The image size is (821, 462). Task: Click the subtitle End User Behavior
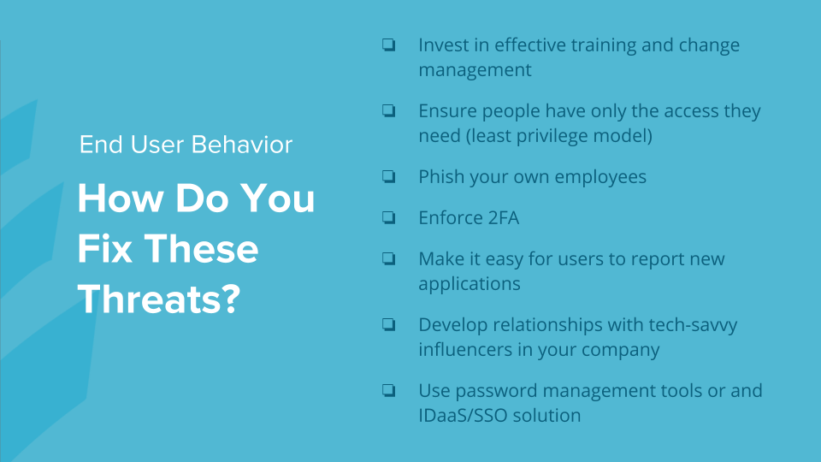[186, 145]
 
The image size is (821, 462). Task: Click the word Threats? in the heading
[159, 299]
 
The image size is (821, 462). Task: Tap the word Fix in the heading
[104, 248]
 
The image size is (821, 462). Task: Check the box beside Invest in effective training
[388, 44]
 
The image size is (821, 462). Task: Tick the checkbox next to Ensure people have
[388, 110]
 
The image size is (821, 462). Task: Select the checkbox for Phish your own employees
[388, 176]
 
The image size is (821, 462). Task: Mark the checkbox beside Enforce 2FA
[388, 217]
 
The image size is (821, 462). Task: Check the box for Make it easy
[388, 258]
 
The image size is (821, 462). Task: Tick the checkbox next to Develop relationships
[388, 324]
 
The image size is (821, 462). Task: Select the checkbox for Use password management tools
[388, 390]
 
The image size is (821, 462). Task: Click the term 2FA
[503, 218]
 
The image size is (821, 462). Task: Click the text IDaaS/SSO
[463, 416]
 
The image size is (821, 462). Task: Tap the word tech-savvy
[693, 326]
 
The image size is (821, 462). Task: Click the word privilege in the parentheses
[553, 136]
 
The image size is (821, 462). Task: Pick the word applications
[470, 284]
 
